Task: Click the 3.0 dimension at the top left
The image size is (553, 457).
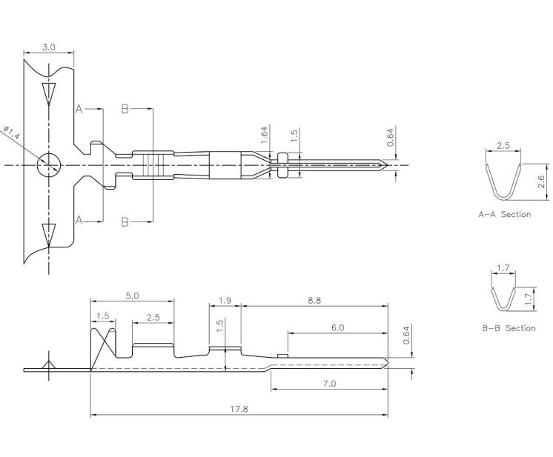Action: (49, 47)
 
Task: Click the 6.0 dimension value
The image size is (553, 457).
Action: (337, 327)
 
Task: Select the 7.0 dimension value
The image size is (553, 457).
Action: (329, 383)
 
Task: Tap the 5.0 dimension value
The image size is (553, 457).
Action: (132, 295)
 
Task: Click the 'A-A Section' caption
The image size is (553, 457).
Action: (504, 215)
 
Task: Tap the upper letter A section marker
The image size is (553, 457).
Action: (78, 109)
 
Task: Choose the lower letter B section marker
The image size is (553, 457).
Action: (125, 221)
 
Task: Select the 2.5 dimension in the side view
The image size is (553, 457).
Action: (153, 317)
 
